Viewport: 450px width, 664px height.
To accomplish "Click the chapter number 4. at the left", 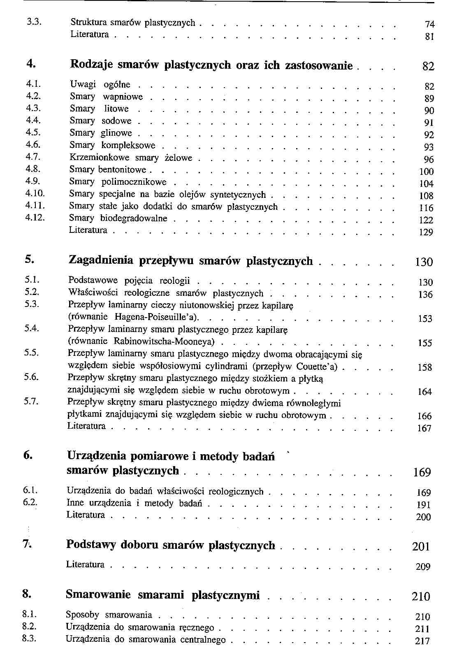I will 30,64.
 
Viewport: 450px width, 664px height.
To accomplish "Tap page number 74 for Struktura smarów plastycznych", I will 429,25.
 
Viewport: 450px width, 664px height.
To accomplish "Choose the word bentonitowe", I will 122,169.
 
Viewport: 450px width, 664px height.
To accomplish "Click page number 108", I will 426,196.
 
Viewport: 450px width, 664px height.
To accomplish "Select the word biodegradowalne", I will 134,218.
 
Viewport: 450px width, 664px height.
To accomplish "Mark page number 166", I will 424,416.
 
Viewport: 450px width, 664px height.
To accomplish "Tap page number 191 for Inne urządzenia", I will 424,505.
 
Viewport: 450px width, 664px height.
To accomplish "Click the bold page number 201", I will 421,546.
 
